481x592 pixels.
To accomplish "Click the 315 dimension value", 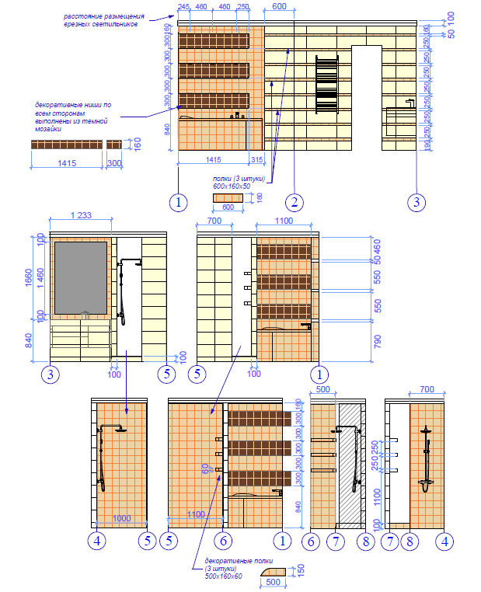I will [x=257, y=159].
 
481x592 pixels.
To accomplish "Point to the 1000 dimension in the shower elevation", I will [x=121, y=518].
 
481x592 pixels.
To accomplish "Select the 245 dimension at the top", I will [x=183, y=7].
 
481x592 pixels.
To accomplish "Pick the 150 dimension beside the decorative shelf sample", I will [x=301, y=570].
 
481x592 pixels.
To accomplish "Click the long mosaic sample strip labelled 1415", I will [x=67, y=145].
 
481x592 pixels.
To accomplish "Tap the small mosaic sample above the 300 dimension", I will [x=114, y=145].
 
